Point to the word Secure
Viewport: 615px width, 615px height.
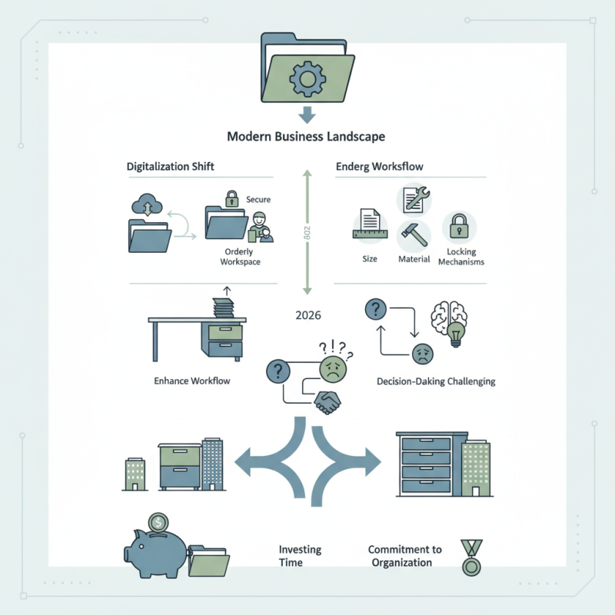(258, 200)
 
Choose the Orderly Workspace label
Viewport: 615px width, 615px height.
(239, 257)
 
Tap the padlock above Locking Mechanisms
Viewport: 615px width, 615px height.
(460, 226)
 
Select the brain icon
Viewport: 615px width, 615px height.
(447, 317)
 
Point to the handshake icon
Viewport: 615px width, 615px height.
(329, 402)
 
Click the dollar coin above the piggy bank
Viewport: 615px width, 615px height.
(158, 523)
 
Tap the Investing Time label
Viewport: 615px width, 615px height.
(301, 556)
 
